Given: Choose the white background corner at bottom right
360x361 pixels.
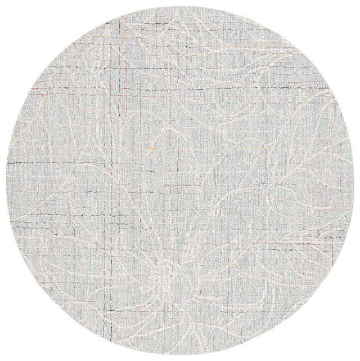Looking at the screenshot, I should (355, 356).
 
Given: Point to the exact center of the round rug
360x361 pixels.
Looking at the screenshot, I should (180, 180).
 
